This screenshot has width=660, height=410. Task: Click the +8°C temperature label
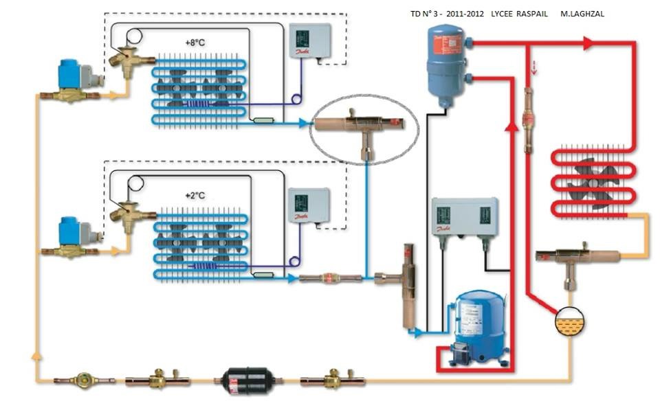coord(195,43)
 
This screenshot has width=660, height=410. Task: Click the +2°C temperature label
coord(195,196)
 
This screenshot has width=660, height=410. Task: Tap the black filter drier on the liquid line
coord(237,380)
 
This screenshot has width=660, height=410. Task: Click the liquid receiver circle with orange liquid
coord(570,321)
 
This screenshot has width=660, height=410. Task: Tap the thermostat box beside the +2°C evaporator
coord(308,205)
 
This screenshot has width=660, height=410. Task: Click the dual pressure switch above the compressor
coord(464,216)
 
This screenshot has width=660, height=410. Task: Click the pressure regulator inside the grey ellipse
coord(358,127)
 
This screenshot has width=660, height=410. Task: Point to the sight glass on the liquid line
coord(85,379)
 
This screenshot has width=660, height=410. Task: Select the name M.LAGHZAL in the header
coord(583,14)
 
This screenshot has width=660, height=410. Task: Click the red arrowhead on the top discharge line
coord(588,43)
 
